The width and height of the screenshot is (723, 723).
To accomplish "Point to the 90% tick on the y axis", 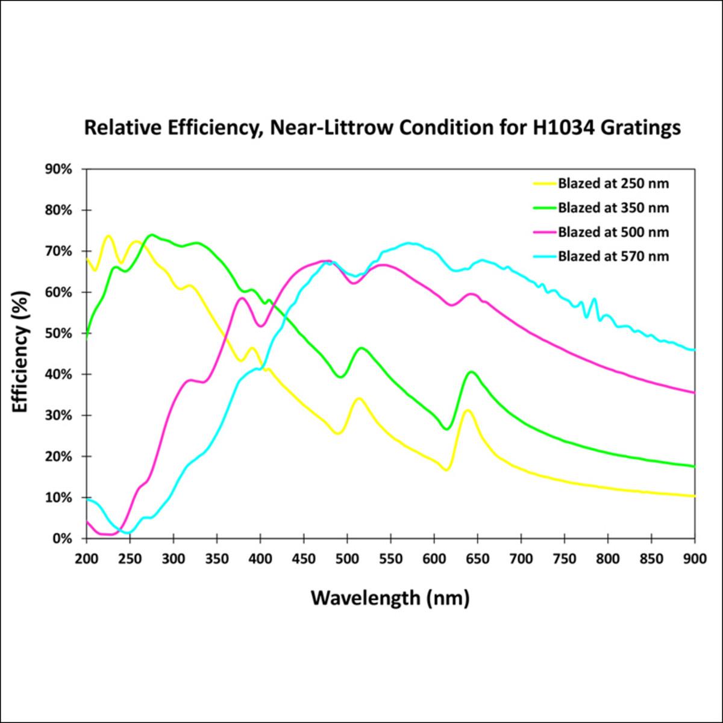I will click(59, 169).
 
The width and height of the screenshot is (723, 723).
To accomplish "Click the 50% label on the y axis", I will click(59, 333).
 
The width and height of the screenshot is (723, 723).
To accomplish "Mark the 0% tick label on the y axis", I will click(63, 539).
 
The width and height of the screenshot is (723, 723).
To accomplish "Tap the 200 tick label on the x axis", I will click(87, 559).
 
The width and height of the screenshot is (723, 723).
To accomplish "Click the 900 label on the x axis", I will click(695, 559).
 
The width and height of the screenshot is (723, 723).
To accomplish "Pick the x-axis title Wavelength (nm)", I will click(390, 598).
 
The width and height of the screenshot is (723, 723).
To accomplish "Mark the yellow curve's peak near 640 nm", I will click(467, 410).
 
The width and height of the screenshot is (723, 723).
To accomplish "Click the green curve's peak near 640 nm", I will click(471, 372).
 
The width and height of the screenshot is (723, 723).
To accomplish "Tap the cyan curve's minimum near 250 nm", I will click(128, 533).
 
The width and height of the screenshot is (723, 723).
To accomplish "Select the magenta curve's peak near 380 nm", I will click(242, 298).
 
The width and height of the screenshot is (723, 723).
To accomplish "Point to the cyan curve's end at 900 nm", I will click(694, 349).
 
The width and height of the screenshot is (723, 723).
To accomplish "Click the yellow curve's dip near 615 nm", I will click(446, 470).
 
